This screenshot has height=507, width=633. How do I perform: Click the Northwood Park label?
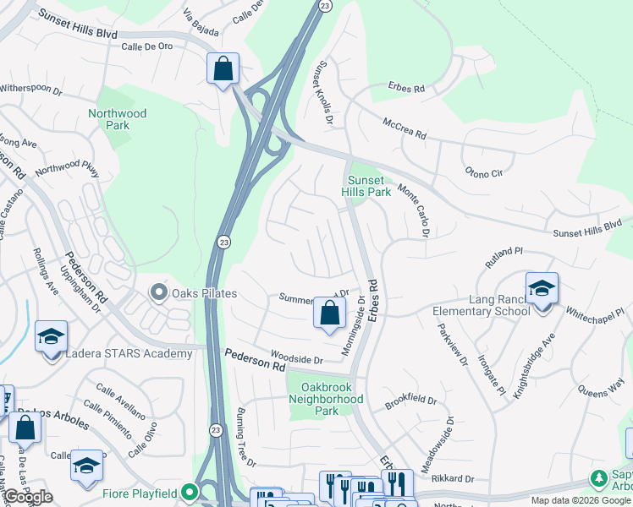click(118, 119)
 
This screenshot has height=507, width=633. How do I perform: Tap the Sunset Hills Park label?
click(366, 186)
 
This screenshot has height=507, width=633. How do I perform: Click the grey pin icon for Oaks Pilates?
click(158, 293)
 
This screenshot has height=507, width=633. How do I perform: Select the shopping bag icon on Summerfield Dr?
click(329, 312)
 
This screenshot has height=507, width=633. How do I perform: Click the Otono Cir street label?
click(484, 172)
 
